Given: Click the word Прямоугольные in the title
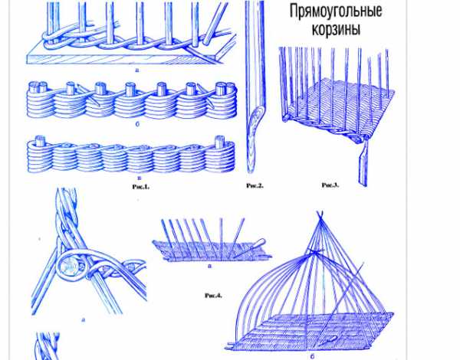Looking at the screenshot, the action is (x=336, y=11).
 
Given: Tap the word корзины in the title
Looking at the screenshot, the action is (x=336, y=29).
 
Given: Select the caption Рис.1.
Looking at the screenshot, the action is (x=141, y=186).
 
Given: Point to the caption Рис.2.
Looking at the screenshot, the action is (x=255, y=185).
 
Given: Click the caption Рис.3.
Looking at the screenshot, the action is (x=330, y=185).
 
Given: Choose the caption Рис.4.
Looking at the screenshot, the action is (x=213, y=296).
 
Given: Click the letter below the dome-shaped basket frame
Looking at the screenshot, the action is (x=312, y=356).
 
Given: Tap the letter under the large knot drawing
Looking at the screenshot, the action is (x=83, y=319).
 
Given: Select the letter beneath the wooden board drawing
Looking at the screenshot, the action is (x=136, y=70).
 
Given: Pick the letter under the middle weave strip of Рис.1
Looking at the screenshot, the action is (x=137, y=124).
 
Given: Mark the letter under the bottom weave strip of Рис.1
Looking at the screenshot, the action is (x=139, y=178).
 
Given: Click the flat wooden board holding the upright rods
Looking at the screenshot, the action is (x=123, y=56).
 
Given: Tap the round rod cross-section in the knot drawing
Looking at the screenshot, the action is (x=67, y=267).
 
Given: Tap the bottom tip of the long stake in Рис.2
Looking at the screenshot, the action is (x=250, y=172).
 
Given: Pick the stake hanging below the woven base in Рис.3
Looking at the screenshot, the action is (x=363, y=164).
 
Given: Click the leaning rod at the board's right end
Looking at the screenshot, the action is (x=215, y=25).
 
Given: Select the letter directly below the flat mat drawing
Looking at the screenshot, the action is (x=209, y=267).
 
